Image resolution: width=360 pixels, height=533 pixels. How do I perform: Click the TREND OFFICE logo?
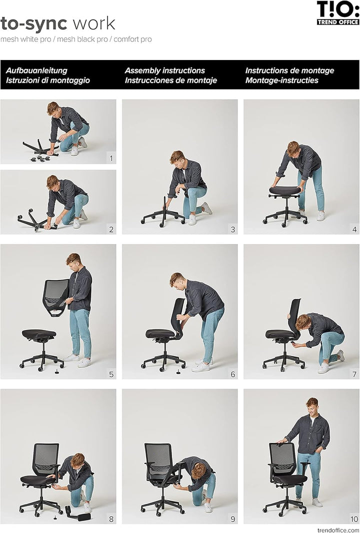[x=338, y=13]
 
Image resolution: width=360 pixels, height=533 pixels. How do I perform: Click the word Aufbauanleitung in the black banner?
[x=36, y=70]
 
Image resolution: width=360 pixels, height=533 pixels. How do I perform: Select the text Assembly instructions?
[x=165, y=70]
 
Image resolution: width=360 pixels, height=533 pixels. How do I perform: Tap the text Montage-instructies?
[x=281, y=80]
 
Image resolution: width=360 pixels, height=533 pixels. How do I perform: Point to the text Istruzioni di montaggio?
[x=48, y=80]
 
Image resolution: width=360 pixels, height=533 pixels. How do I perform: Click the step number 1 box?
[x=111, y=158]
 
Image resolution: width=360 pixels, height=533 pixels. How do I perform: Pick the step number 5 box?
[x=111, y=373]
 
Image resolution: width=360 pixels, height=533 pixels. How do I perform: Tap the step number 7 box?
[x=354, y=373]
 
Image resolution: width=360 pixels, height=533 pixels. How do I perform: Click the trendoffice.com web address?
[x=338, y=529]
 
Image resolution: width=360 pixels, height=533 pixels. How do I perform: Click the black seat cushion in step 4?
[x=285, y=191]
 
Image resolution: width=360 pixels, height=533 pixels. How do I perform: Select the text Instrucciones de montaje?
[x=171, y=80]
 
